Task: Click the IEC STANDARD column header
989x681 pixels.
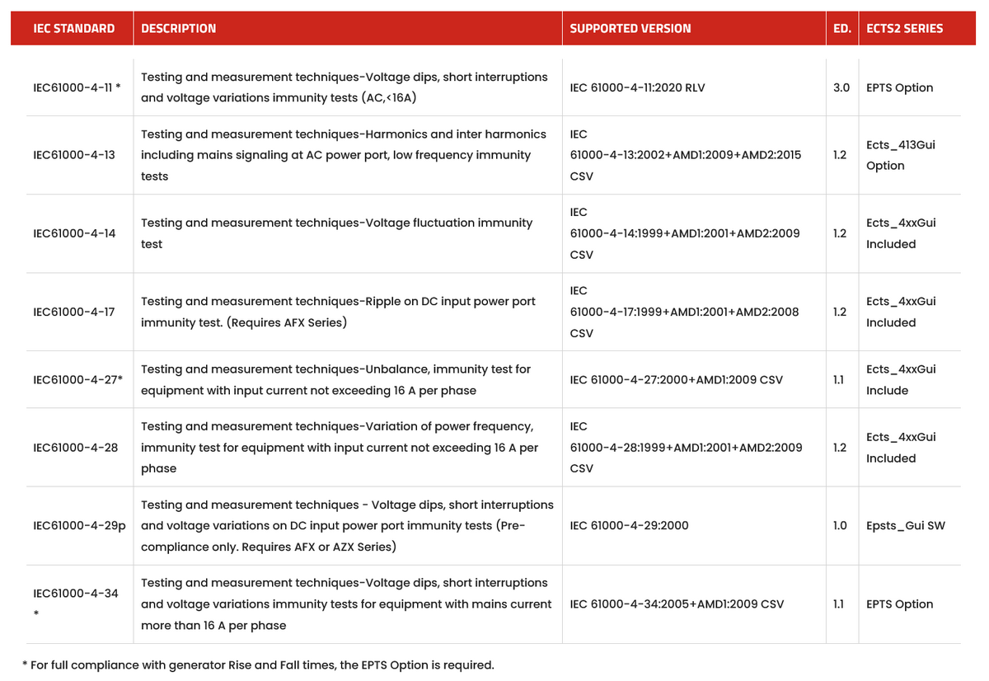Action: tap(73, 28)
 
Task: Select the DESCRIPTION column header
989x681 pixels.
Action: tap(178, 28)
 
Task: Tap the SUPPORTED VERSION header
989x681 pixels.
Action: tap(630, 28)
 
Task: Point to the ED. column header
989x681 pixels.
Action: tap(841, 28)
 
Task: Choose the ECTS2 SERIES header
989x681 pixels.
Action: tap(904, 28)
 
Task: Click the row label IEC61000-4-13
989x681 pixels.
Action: tap(73, 155)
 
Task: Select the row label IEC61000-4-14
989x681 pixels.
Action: tap(73, 233)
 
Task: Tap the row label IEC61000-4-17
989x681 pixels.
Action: tap(73, 312)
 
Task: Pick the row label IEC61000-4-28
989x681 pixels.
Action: tap(73, 448)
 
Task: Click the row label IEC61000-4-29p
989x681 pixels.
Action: tap(79, 525)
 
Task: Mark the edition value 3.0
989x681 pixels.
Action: tap(841, 87)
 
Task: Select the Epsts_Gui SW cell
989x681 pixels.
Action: tap(905, 525)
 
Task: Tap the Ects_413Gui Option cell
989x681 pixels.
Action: tap(900, 155)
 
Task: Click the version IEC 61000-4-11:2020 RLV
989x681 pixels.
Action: tap(637, 87)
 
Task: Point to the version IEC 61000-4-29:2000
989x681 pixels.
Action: tap(629, 525)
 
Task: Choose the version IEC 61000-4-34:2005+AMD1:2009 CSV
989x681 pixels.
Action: tap(677, 604)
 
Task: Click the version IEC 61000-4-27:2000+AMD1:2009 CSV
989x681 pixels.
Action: tap(676, 380)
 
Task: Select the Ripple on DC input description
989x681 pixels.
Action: tap(338, 312)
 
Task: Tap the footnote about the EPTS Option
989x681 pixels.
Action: tap(258, 665)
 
